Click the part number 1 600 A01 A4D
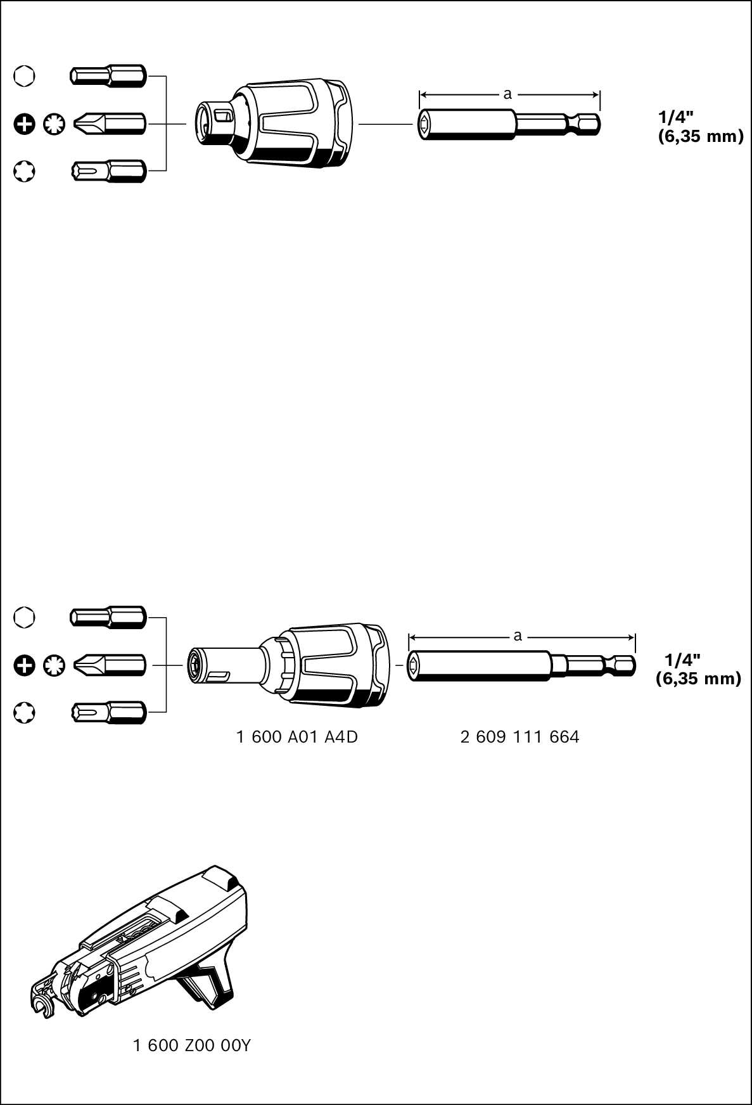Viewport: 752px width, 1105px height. [x=297, y=737]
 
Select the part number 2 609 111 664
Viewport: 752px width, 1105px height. [x=519, y=737]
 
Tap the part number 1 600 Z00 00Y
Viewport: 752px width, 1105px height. [x=192, y=1045]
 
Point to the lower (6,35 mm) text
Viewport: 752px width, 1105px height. [x=698, y=679]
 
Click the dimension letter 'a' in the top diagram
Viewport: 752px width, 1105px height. [x=507, y=94]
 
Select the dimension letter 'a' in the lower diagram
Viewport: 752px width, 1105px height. [x=518, y=636]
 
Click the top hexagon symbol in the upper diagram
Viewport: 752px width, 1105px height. [x=24, y=77]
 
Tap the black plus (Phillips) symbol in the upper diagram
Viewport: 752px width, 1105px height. [x=24, y=124]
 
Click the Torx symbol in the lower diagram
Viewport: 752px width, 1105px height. [x=24, y=713]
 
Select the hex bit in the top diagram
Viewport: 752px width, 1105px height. [x=108, y=77]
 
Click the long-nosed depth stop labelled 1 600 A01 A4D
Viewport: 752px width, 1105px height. [x=291, y=665]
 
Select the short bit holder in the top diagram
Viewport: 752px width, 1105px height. [x=509, y=124]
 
